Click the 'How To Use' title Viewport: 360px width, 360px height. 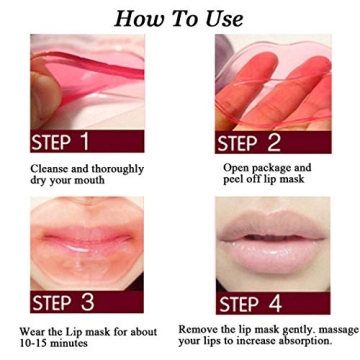pyautogui.click(x=180, y=18)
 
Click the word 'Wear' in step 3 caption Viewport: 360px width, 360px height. pyautogui.click(x=34, y=330)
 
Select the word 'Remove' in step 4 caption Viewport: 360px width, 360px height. pyautogui.click(x=200, y=328)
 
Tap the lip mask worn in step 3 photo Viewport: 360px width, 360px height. pyautogui.click(x=80, y=245)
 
